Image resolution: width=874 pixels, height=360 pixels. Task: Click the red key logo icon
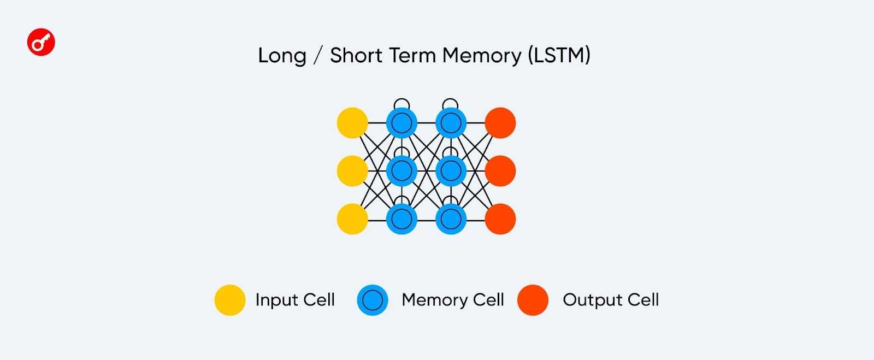click(41, 42)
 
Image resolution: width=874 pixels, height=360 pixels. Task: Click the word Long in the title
click(282, 56)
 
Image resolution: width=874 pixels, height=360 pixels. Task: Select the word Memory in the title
click(482, 56)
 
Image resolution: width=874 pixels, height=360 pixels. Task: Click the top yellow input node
click(352, 123)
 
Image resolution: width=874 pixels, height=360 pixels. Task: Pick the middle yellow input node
click(352, 171)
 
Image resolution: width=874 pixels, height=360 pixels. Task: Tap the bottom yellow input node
click(352, 219)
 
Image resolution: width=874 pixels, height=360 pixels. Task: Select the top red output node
click(500, 123)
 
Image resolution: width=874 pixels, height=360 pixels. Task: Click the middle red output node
click(500, 171)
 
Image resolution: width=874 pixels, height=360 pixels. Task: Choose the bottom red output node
click(500, 219)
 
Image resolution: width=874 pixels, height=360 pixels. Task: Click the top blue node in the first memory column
click(401, 123)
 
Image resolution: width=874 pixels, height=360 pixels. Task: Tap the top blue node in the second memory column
click(451, 123)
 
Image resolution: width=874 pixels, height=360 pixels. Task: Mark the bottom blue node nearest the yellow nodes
click(401, 219)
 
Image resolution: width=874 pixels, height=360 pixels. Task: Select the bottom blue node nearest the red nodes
click(451, 219)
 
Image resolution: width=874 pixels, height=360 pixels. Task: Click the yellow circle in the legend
click(229, 300)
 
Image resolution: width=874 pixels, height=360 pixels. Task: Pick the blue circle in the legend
click(373, 300)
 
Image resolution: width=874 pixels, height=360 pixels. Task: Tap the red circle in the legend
click(533, 300)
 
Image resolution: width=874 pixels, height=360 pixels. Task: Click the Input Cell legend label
click(295, 300)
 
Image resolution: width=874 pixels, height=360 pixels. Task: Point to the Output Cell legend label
click(611, 300)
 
